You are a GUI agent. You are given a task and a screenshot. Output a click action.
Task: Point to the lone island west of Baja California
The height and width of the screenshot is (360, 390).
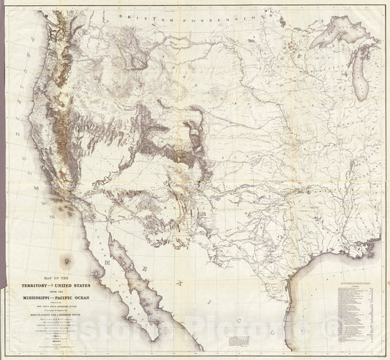click(68, 259)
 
